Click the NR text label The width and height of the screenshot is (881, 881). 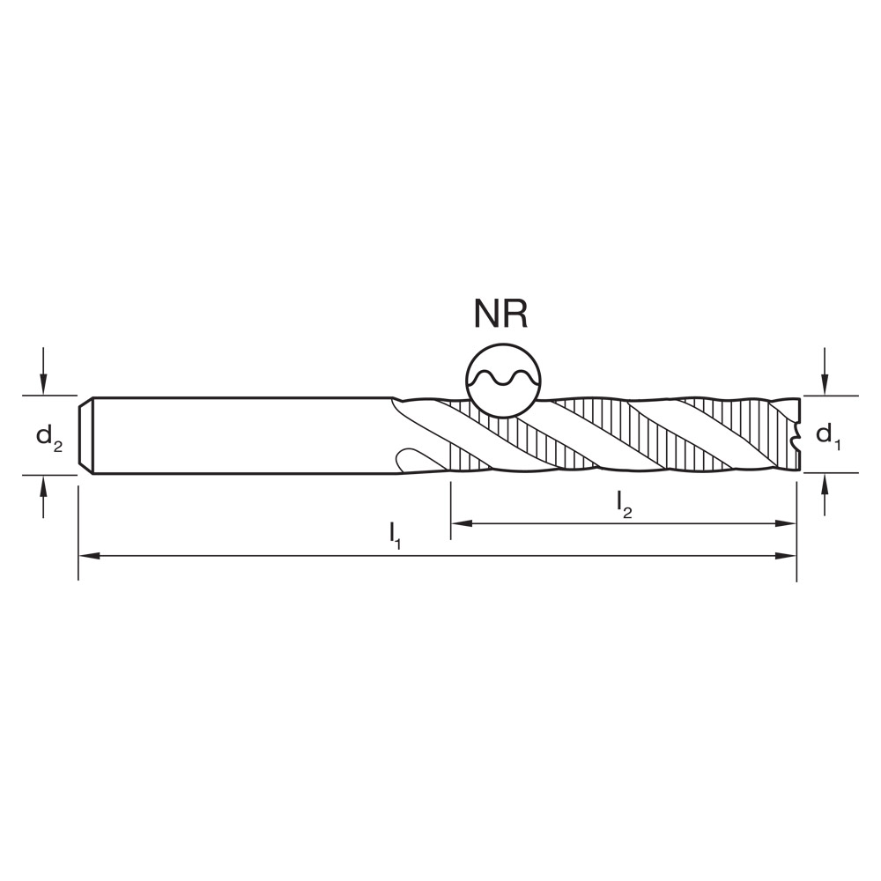(501, 315)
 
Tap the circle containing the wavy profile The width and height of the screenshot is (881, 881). (502, 379)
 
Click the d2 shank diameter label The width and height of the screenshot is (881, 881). (49, 436)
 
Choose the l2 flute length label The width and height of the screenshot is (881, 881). (624, 504)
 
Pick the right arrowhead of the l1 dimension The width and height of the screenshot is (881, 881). (789, 556)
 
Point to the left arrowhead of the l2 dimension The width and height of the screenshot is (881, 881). (459, 523)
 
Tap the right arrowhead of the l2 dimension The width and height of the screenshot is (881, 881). (789, 523)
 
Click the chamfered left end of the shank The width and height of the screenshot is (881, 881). (85, 436)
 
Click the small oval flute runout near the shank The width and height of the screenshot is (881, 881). (411, 460)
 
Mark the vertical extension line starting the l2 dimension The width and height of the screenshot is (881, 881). (451, 507)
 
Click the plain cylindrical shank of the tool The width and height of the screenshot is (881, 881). (238, 436)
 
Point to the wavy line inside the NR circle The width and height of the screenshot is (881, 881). (502, 380)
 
